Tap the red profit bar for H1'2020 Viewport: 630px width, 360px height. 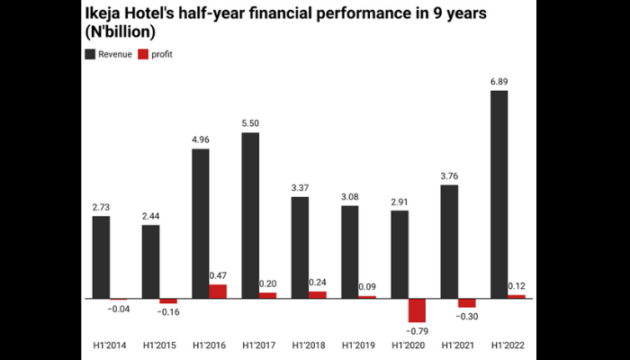417,310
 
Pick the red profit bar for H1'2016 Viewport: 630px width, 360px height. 218,291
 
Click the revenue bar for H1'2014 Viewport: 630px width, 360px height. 101,256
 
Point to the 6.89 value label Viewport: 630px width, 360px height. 498,82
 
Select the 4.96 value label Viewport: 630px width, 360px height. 200,139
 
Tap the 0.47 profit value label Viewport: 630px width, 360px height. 218,274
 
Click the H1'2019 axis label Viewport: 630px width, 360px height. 357,345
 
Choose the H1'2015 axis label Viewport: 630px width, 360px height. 159,345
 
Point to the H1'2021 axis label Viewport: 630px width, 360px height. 457,345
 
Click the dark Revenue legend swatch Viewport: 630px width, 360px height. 90,55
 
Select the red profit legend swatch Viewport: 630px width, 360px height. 142,55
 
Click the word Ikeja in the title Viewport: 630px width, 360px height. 104,14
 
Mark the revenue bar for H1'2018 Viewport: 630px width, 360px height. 300,247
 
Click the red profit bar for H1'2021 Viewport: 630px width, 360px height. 466,302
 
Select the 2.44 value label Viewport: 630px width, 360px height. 150,216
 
